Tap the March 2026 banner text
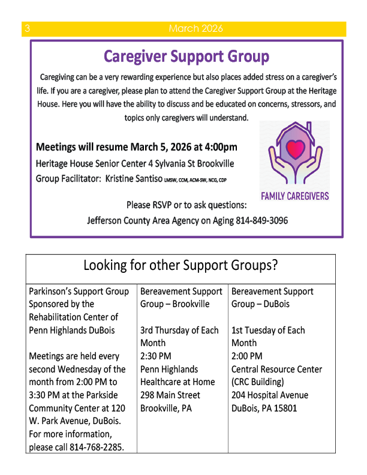195,29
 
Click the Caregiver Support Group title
186,56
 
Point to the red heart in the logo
294,148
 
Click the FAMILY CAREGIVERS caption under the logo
294,196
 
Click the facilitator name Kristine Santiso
134,178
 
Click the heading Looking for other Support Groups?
181,264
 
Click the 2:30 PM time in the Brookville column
154,356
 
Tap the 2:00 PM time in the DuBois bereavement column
246,356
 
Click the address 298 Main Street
169,395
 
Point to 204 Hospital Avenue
270,395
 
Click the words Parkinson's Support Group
79,291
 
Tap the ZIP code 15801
282,408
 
